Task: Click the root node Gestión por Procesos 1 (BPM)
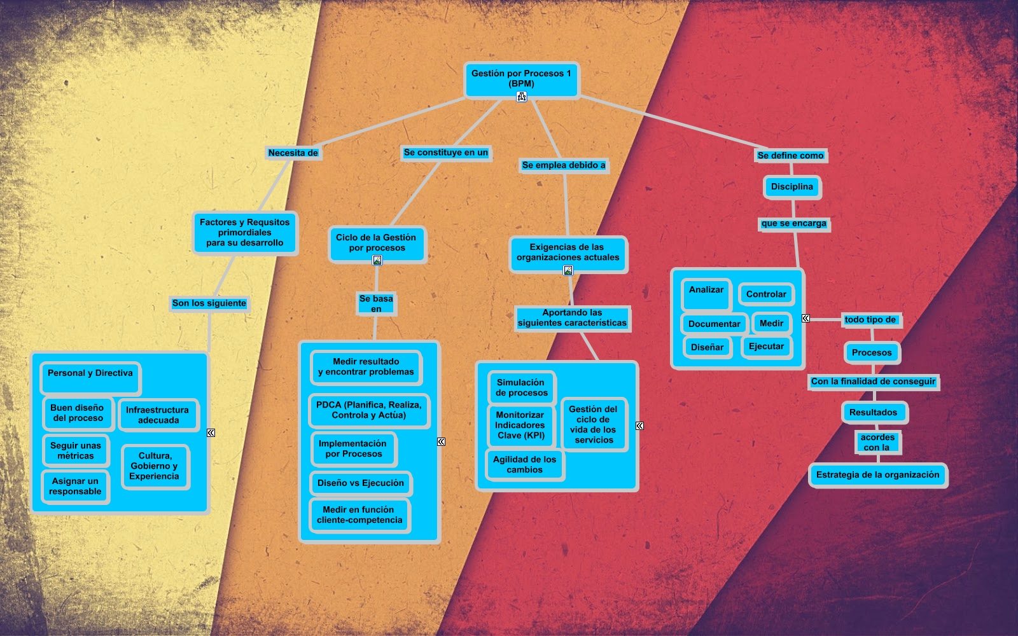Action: (x=521, y=78)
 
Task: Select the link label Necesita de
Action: (x=293, y=153)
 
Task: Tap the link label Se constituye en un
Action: (x=445, y=153)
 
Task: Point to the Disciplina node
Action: (x=791, y=187)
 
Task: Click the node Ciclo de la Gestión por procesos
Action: (x=377, y=242)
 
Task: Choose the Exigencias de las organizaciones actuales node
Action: (x=568, y=252)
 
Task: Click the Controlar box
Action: (x=766, y=294)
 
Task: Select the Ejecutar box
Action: (x=766, y=347)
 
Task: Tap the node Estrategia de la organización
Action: (x=877, y=475)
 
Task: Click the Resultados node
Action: (x=873, y=412)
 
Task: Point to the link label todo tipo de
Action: (x=870, y=320)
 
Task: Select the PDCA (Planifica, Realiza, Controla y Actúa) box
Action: (x=369, y=410)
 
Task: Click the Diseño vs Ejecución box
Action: (x=361, y=483)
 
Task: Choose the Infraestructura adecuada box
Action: (x=158, y=415)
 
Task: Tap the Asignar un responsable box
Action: (x=75, y=487)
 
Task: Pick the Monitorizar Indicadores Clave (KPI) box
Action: (x=520, y=425)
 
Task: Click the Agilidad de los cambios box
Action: (x=524, y=465)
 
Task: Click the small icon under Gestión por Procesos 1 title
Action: (x=522, y=97)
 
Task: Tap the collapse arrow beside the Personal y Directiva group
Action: (x=211, y=432)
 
